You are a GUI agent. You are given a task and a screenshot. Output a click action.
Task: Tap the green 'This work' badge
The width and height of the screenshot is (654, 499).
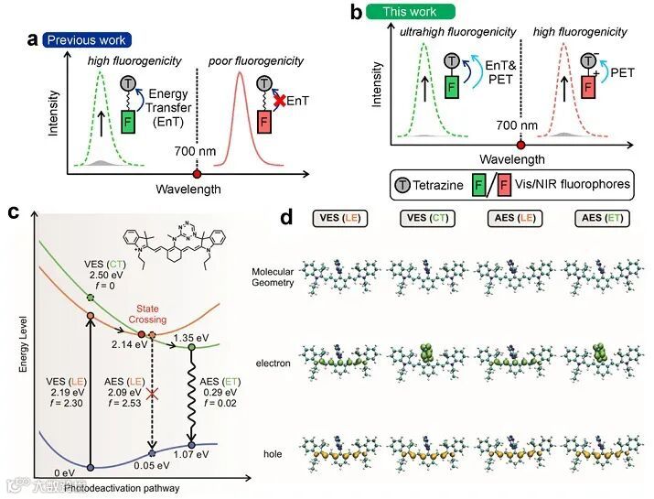pos(410,12)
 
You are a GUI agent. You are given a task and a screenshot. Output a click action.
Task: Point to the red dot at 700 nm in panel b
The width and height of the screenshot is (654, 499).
pos(520,145)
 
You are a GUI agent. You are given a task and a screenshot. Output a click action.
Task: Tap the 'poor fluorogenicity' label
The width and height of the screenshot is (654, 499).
pos(259,60)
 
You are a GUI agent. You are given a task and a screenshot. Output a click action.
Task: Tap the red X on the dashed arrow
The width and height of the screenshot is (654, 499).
pos(153,393)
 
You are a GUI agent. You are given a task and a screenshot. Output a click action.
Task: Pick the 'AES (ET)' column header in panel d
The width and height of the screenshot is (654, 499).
pos(599,219)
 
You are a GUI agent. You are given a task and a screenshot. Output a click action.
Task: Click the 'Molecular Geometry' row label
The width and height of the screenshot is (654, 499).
pos(275,277)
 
